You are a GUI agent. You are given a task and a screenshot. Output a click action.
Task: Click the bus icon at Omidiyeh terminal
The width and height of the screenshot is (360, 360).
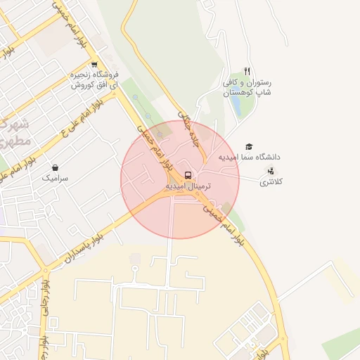(188, 174)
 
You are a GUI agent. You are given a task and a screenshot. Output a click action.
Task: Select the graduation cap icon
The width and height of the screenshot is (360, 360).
(249, 146)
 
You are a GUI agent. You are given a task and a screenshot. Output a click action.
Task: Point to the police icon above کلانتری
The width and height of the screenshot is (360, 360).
(271, 172)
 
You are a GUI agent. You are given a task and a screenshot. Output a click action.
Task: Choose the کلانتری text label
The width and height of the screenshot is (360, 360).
(271, 182)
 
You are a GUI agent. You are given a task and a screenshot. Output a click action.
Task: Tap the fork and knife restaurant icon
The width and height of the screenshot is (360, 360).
(247, 71)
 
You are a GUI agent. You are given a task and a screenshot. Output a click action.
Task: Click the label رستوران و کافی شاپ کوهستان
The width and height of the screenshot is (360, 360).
(247, 87)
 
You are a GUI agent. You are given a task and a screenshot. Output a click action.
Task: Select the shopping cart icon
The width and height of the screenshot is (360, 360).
(94, 64)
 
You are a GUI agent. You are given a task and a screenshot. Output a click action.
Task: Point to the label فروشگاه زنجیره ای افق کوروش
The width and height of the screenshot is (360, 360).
(94, 79)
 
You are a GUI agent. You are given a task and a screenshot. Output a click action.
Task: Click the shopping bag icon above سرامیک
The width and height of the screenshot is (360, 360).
(56, 168)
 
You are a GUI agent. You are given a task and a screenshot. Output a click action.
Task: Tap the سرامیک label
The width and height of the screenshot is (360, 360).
(56, 179)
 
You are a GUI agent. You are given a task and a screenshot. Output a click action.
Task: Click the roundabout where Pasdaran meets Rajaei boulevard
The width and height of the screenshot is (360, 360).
(46, 270)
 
